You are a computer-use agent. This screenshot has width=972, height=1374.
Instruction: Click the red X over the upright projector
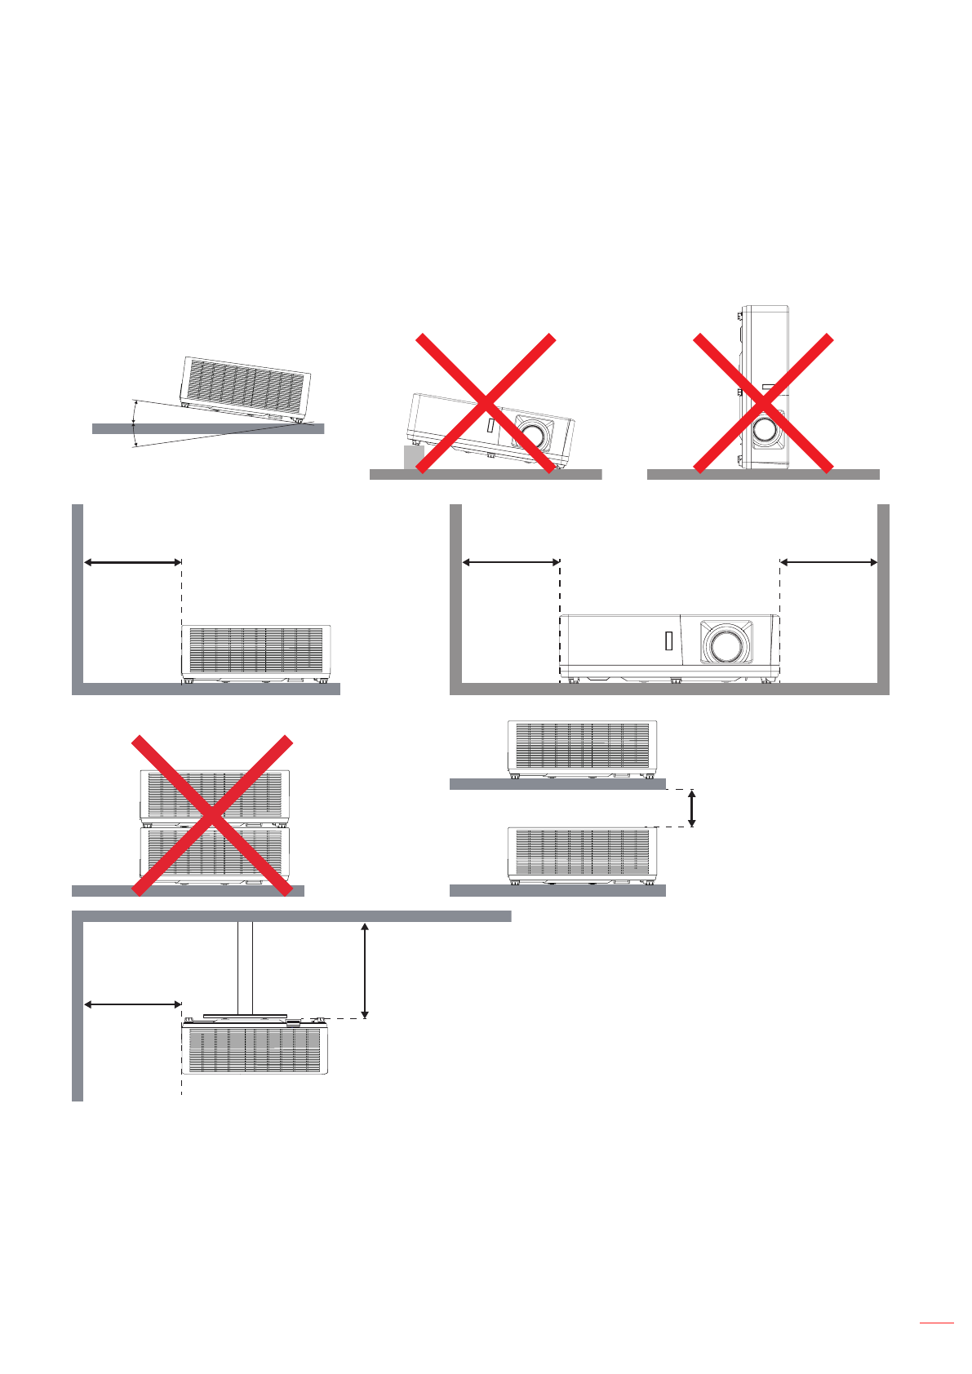(763, 403)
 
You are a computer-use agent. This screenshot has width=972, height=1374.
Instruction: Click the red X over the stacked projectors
(212, 815)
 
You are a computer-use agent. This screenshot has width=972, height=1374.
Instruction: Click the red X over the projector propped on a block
(486, 403)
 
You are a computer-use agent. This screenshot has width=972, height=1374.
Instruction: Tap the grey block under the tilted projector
(413, 457)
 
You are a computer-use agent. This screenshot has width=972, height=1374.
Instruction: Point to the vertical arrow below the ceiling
(365, 970)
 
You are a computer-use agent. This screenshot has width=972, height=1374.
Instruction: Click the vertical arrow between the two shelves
(692, 808)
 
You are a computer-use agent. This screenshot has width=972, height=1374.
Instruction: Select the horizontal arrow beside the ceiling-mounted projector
(133, 1004)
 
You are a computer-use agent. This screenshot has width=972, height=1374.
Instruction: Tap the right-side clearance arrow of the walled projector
(828, 561)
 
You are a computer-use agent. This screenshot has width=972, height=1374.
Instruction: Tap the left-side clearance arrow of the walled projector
(511, 561)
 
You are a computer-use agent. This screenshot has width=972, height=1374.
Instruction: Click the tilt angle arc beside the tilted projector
(134, 423)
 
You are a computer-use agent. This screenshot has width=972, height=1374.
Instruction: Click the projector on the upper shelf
(582, 747)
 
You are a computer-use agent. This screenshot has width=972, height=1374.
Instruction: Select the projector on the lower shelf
(582, 854)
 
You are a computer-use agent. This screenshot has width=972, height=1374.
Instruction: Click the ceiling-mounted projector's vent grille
(255, 1050)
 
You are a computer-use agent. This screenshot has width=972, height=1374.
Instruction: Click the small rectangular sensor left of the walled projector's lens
(669, 641)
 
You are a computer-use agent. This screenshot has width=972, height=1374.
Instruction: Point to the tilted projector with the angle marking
(245, 387)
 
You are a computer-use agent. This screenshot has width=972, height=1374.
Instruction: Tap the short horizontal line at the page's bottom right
(936, 1323)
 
